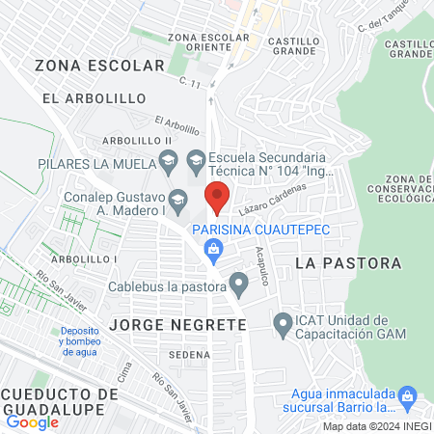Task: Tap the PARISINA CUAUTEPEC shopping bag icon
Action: pos(215,251)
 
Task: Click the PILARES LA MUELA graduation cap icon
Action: pos(168,159)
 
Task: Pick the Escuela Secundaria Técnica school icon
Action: pos(195,159)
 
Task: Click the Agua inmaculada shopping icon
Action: pos(407,394)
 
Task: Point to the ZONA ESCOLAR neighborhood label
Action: pos(99,65)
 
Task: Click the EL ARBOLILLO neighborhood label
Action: pos(94,98)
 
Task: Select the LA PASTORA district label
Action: pos(347,262)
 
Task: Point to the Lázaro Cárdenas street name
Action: pos(279,198)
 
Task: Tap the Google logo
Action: pos(32,421)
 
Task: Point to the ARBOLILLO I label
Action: pos(85,259)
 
